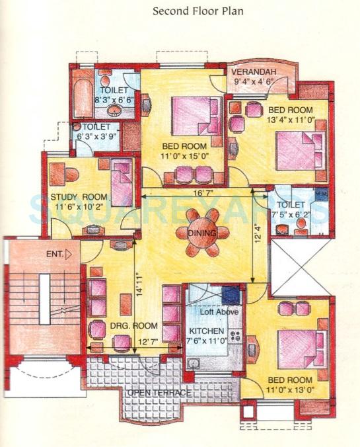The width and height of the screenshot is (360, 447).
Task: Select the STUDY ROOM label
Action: (x=79, y=197)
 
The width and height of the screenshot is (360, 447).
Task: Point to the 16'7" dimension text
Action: (x=203, y=193)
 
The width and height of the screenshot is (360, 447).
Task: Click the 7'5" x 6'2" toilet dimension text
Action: (x=297, y=214)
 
